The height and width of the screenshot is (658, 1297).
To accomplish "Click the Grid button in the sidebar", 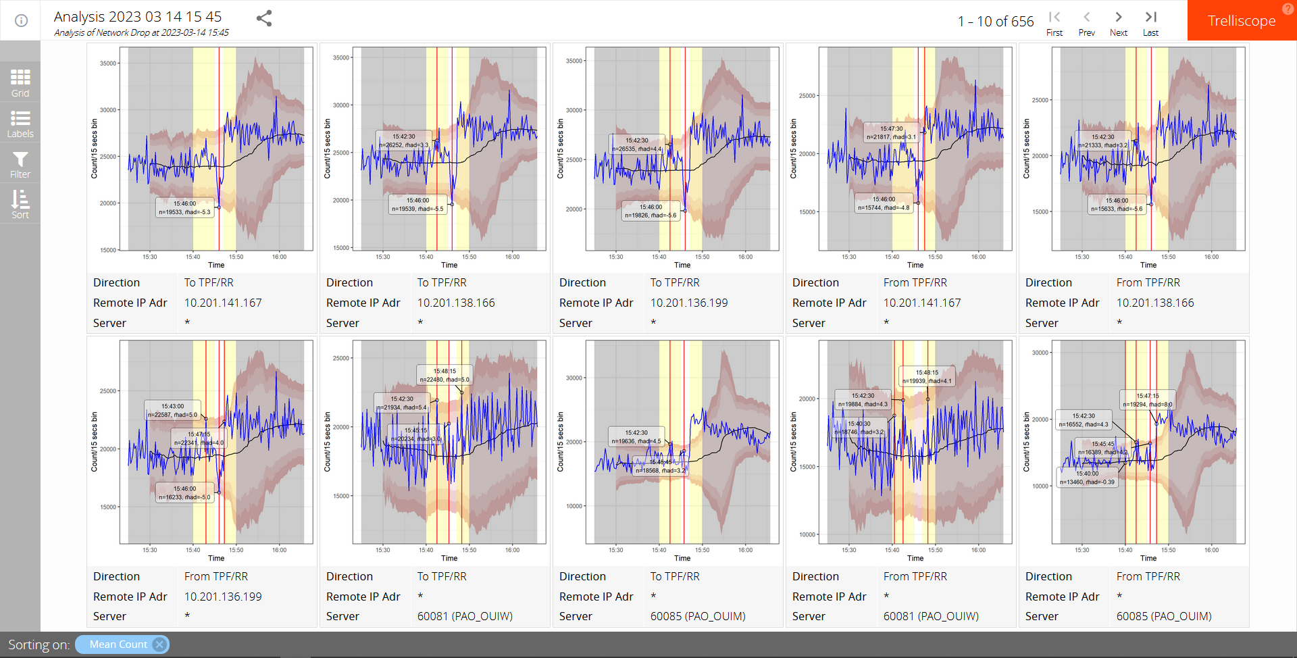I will (x=20, y=82).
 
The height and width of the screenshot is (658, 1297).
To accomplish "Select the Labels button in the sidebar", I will (x=20, y=124).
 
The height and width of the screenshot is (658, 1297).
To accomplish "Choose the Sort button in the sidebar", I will (x=20, y=204).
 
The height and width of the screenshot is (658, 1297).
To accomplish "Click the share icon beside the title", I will (x=264, y=18).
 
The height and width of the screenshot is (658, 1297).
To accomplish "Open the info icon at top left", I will (x=21, y=20).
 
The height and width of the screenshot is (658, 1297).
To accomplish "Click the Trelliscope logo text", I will (x=1242, y=21).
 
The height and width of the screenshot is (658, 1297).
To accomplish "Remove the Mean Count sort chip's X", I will (x=159, y=644).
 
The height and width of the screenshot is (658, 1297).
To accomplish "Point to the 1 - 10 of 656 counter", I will (x=996, y=22).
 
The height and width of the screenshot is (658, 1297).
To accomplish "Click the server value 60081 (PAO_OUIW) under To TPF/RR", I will (x=465, y=616).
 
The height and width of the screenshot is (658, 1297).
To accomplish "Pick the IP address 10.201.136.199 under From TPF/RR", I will (x=223, y=597).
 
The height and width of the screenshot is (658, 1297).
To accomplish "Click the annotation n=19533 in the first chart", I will (x=184, y=212).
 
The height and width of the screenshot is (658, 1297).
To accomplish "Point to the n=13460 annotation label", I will (x=1087, y=482).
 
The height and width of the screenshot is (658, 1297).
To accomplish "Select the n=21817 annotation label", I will (x=891, y=137).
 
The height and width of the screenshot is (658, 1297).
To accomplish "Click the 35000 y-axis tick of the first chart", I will (x=108, y=64).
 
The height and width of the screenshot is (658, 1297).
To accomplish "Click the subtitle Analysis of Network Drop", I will (x=141, y=32).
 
